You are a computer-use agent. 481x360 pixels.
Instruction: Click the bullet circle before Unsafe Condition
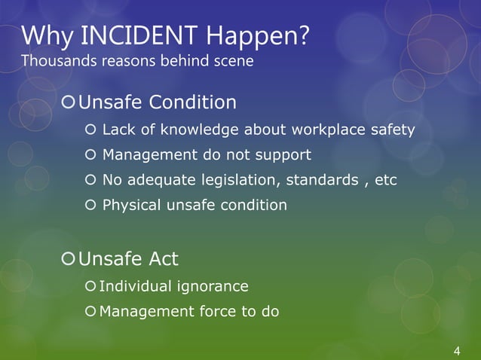pos(69,102)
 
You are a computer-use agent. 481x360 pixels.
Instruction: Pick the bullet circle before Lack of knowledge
pos(90,130)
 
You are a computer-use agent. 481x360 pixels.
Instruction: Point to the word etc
pos(386,181)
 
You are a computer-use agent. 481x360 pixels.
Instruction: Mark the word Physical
pos(130,205)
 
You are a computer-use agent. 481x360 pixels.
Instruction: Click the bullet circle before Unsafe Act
pos(69,260)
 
